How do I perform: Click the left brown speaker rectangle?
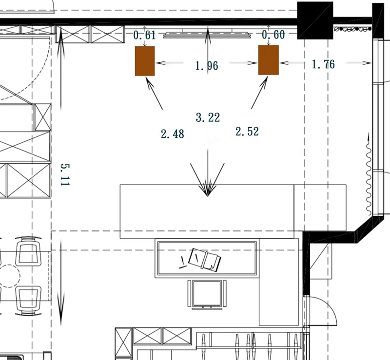click(145, 61)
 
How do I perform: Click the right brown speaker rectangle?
click(269, 60)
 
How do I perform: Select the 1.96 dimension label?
click(207, 66)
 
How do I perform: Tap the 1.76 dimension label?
click(323, 64)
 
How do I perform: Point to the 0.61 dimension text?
click(144, 35)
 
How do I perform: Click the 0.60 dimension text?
click(273, 35)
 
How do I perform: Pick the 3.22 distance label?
click(208, 117)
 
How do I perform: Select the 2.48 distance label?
click(173, 134)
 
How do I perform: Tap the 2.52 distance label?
click(247, 132)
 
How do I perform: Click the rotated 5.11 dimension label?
click(65, 175)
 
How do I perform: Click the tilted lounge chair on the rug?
click(204, 260)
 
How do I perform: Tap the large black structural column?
click(315, 20)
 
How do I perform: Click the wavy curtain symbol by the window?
click(369, 174)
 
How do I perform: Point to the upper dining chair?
click(28, 251)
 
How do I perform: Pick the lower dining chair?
click(28, 301)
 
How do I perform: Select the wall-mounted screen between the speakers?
click(207, 35)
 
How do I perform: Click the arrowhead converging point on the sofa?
click(208, 196)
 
